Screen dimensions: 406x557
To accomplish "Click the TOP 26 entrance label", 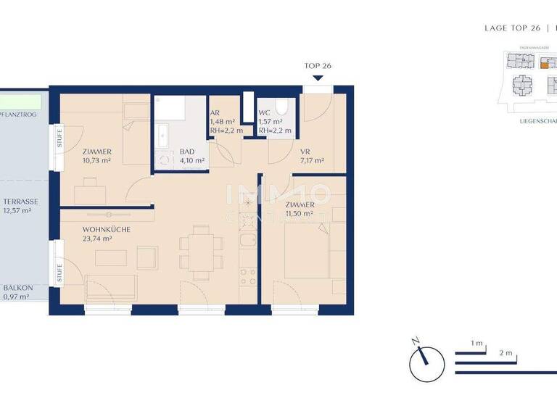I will click(x=317, y=66).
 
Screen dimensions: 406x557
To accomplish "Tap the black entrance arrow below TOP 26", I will click(x=317, y=77).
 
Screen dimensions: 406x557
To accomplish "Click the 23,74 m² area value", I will click(x=97, y=239).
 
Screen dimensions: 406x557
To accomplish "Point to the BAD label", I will click(x=187, y=152).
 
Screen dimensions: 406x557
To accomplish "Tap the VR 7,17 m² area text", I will click(x=312, y=161).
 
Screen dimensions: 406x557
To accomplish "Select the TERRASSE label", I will click(x=20, y=202).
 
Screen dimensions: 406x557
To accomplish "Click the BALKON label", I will click(x=17, y=288).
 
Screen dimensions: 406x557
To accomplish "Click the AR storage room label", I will click(x=215, y=113).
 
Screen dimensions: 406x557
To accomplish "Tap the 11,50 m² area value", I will click(x=298, y=214).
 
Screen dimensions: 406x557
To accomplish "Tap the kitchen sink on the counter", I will click(x=247, y=243).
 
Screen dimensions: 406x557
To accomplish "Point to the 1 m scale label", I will click(x=476, y=342).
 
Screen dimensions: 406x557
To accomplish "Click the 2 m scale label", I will click(x=506, y=354).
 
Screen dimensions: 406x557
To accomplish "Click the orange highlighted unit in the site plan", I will click(x=545, y=63).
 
